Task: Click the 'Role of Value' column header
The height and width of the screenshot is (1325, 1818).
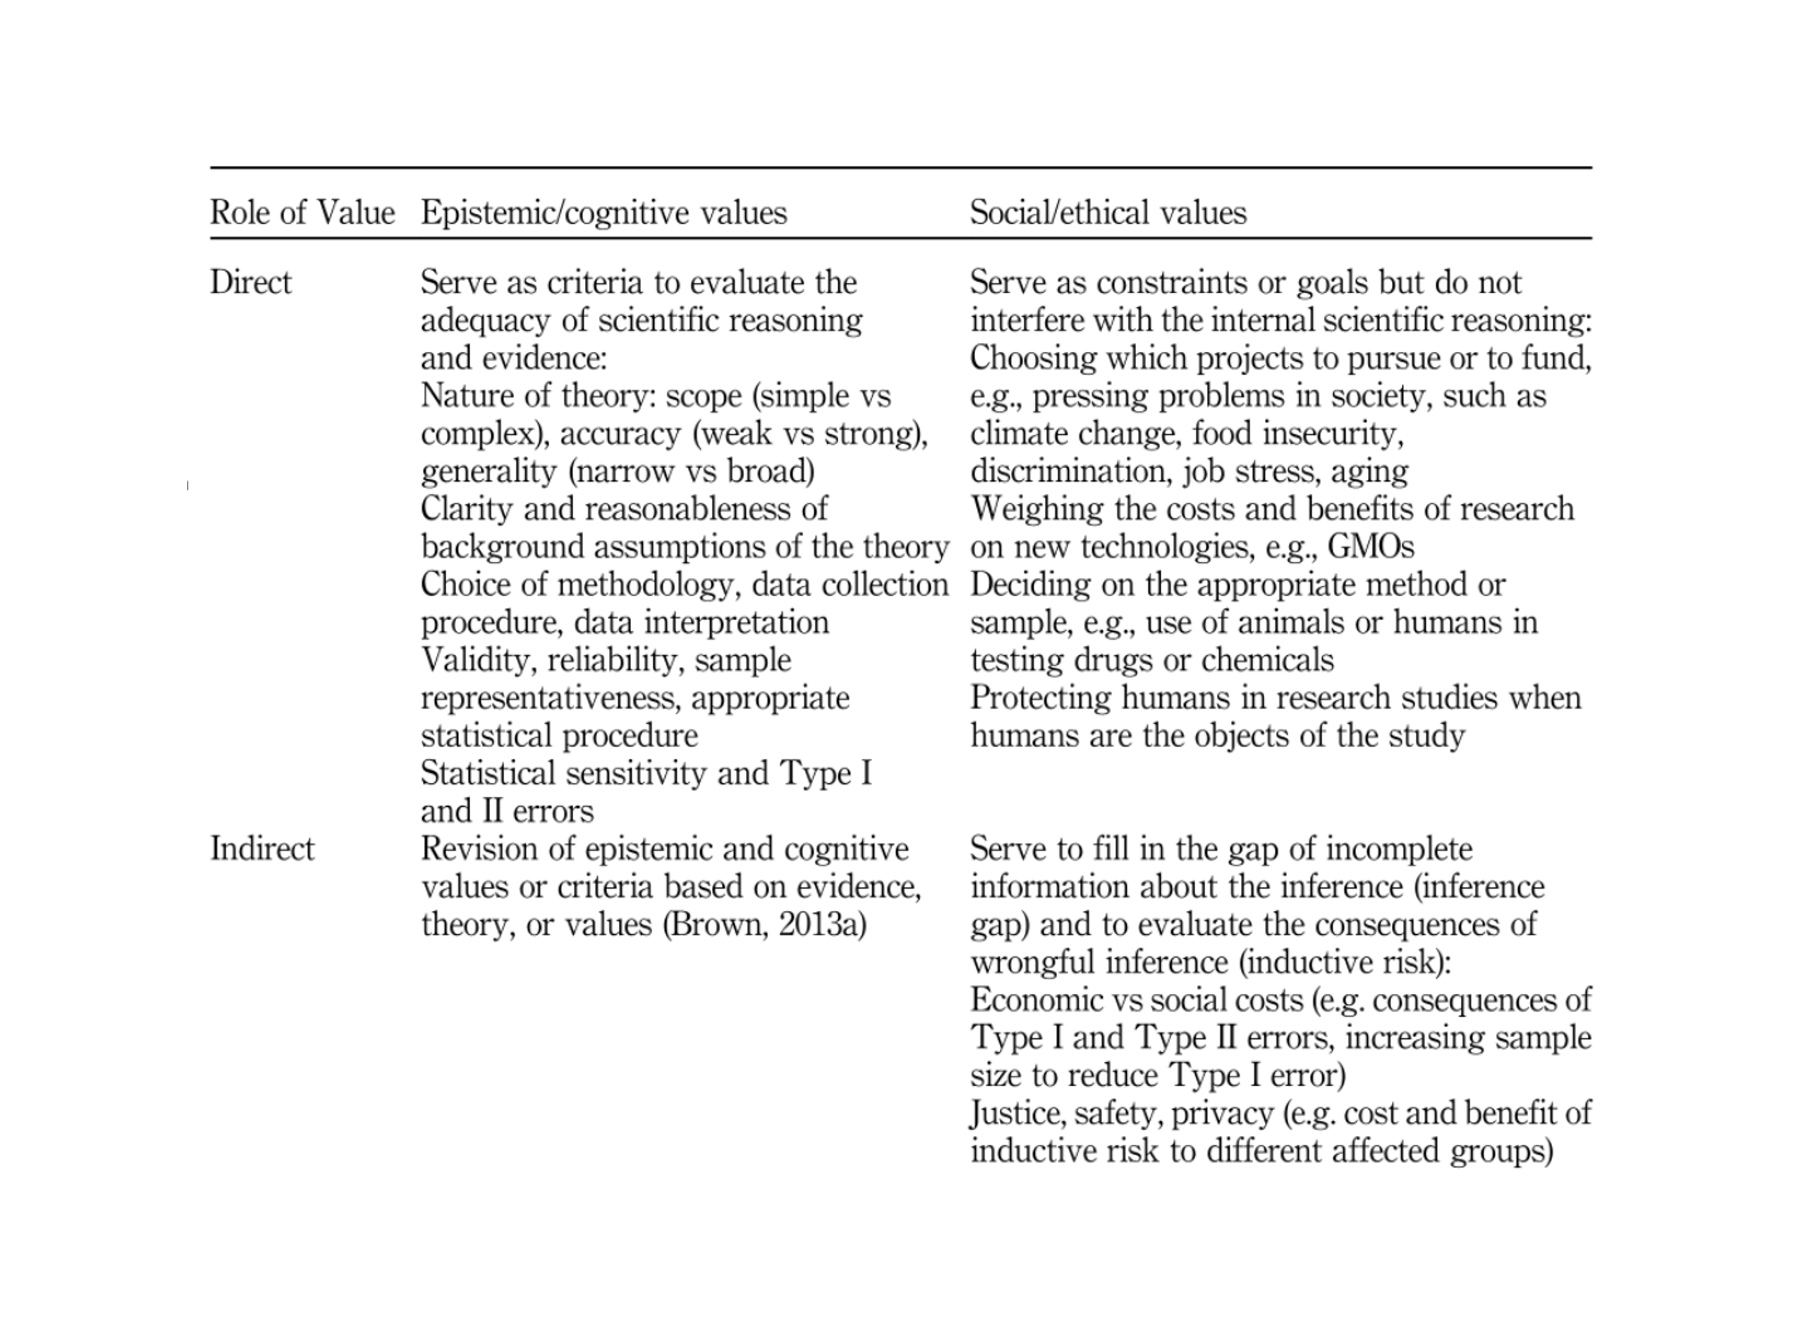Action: (303, 212)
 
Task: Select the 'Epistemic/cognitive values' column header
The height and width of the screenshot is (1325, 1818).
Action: (604, 212)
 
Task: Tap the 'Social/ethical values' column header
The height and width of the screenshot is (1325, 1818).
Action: (1108, 212)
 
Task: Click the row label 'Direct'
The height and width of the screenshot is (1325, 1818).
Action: (251, 282)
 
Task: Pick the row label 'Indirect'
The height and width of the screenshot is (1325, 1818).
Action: (262, 849)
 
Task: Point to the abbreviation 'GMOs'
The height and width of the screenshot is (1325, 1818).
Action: (1371, 547)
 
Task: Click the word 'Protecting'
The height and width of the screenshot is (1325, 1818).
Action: (1040, 698)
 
